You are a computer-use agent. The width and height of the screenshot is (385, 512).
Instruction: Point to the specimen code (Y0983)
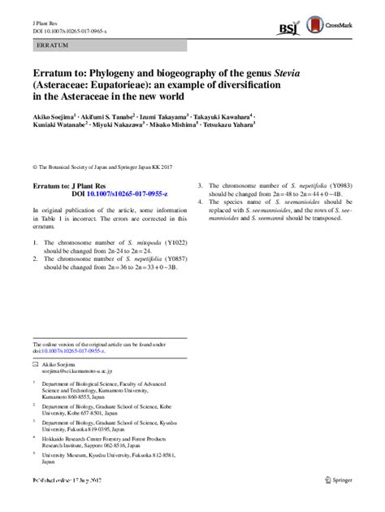click(330, 186)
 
